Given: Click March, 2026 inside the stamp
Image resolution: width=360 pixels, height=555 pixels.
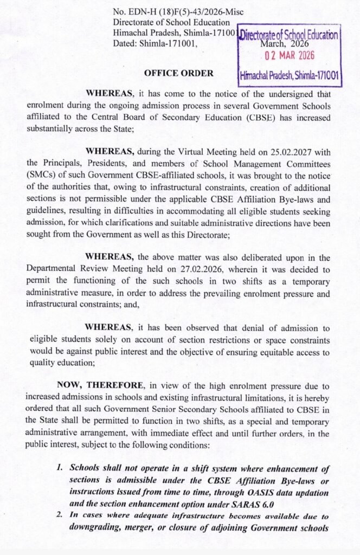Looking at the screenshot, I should tap(285, 44).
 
